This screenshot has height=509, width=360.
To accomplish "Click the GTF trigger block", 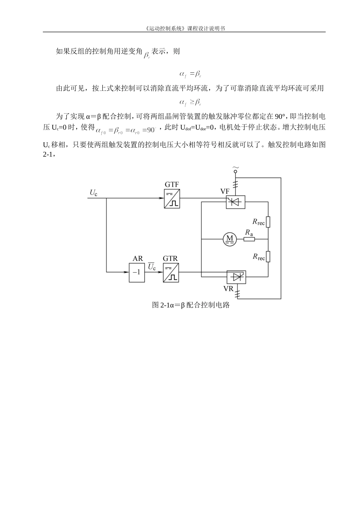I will point(172,199).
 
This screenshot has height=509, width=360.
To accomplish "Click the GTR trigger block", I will point(171,273).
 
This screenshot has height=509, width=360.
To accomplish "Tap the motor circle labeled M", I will point(229,239).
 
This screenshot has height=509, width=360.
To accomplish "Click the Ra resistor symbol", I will point(249,239).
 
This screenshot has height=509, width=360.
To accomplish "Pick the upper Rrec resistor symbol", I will point(268,222).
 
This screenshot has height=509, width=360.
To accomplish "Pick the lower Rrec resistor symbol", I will point(268,257).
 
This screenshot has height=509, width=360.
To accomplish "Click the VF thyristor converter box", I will point(235,202).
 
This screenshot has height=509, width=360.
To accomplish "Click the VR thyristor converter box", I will point(236,277).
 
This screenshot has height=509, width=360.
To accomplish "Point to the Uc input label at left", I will point(93,193).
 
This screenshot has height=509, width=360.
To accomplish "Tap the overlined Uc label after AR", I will point(152,267).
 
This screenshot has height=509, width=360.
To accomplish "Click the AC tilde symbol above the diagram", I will point(235,167).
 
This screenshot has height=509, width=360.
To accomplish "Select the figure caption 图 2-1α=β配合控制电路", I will point(191,305).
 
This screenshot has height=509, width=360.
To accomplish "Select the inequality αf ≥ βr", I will point(190,102).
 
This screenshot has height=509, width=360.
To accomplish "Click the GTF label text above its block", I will point(172,184).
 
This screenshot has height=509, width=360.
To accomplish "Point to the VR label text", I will point(228,289).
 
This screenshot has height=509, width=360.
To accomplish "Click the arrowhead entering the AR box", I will point(127,272).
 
